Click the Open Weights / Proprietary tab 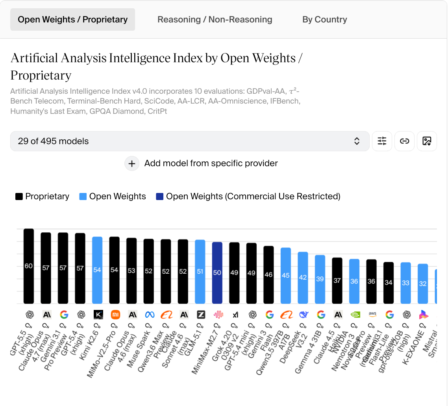click(x=73, y=20)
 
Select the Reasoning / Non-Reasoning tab click(x=215, y=20)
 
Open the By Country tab click(x=324, y=20)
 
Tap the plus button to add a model click(x=132, y=163)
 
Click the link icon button click(x=404, y=141)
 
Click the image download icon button click(x=427, y=141)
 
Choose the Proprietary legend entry click(x=43, y=197)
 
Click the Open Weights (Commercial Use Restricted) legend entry click(x=248, y=197)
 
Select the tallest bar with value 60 click(x=29, y=266)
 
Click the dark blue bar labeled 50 click(x=217, y=273)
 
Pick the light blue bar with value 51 click(x=200, y=272)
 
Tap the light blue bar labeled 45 click(x=286, y=276)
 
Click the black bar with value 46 click(x=268, y=274)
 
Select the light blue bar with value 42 click(x=303, y=278)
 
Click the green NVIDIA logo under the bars click(x=355, y=315)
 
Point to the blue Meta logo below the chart click(x=149, y=315)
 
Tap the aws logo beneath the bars click(x=372, y=315)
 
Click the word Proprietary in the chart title click(x=41, y=75)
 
